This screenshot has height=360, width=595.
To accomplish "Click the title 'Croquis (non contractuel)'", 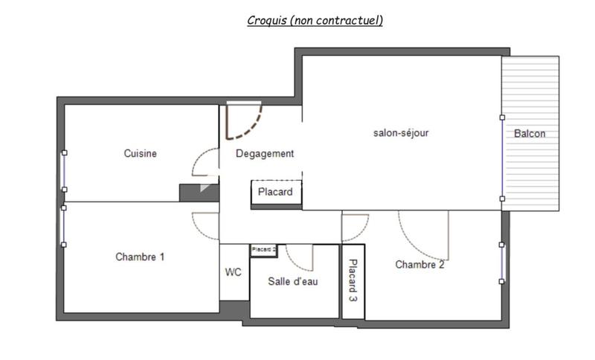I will pos(315,21).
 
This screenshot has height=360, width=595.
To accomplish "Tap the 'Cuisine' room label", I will pos(140,154).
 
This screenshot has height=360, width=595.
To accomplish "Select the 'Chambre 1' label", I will pos(140,257).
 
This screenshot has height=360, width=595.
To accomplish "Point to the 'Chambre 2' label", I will pos(419,264).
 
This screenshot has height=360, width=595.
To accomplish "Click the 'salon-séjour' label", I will pos(401,133).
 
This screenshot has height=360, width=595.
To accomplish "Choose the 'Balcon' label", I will pos(530,134).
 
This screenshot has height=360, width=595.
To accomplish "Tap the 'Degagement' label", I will pos(265,154).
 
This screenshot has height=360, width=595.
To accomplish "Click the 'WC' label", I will pos(234,272).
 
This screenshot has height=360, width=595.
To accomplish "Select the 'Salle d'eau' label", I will pos(293,280).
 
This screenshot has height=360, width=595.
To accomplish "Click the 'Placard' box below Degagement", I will pos(276,193).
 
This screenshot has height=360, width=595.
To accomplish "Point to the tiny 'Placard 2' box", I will pos(263,250).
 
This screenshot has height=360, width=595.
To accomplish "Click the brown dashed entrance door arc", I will pos(248,126).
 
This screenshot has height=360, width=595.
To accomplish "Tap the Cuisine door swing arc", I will pos(202,160).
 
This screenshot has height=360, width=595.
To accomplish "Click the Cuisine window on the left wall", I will pos(64,170).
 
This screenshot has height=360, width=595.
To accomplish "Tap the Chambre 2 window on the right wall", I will pos(502,263).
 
